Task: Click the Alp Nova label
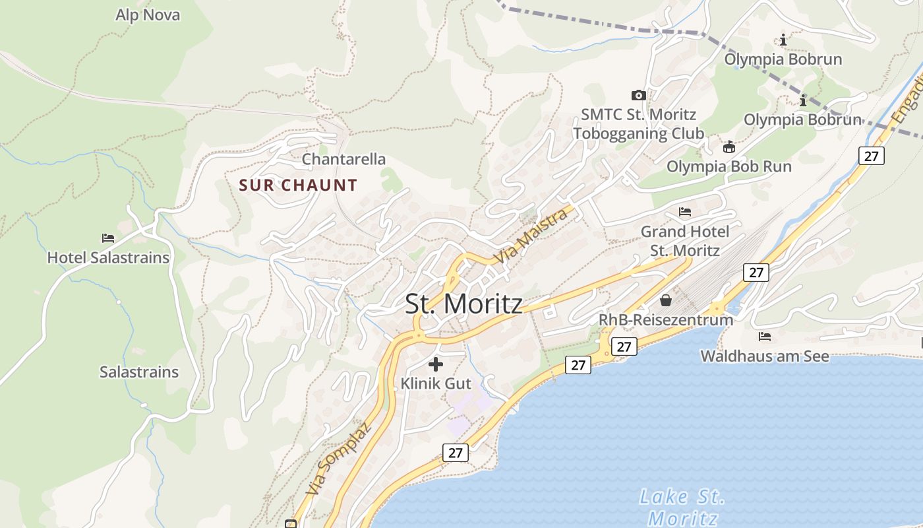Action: point(148,15)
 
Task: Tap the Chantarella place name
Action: point(343,159)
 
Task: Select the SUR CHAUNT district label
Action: point(298,185)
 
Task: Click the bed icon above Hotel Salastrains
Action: point(108,238)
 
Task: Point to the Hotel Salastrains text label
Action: point(108,257)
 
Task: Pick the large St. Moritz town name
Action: point(463,304)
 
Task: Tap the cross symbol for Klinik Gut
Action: point(435,364)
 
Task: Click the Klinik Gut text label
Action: point(436,383)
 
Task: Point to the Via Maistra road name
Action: point(532,236)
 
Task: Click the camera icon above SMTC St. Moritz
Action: point(638,95)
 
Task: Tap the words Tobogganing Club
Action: point(638,133)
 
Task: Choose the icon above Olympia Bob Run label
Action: point(729,147)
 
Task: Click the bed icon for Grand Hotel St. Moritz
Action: point(685,212)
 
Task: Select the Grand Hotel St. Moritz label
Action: point(685,241)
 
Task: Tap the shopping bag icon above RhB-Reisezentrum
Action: point(666,300)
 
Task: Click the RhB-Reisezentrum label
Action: point(665,320)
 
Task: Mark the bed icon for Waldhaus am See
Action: point(765,337)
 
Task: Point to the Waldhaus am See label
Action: point(765,356)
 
